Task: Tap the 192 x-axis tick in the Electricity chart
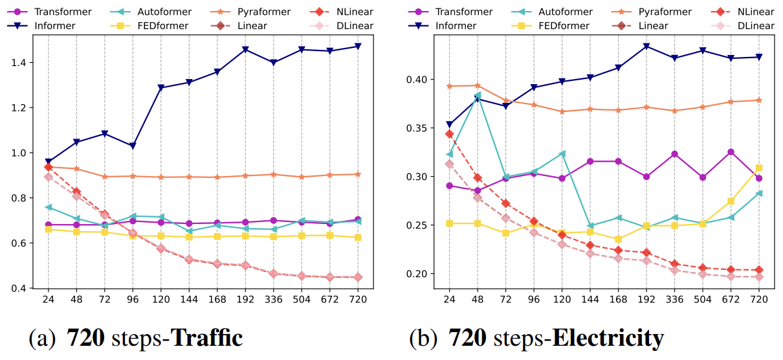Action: (645, 300)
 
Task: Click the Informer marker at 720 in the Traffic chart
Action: (358, 47)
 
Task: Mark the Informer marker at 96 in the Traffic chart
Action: (133, 146)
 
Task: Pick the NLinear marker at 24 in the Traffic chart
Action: (48, 167)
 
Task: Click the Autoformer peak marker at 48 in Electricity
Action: (478, 95)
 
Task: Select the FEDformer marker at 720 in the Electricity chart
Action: (759, 168)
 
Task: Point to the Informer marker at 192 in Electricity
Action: (645, 47)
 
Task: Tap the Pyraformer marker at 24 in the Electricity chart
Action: (449, 86)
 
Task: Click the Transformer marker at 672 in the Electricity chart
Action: (731, 152)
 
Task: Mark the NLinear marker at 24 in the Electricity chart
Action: (449, 134)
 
